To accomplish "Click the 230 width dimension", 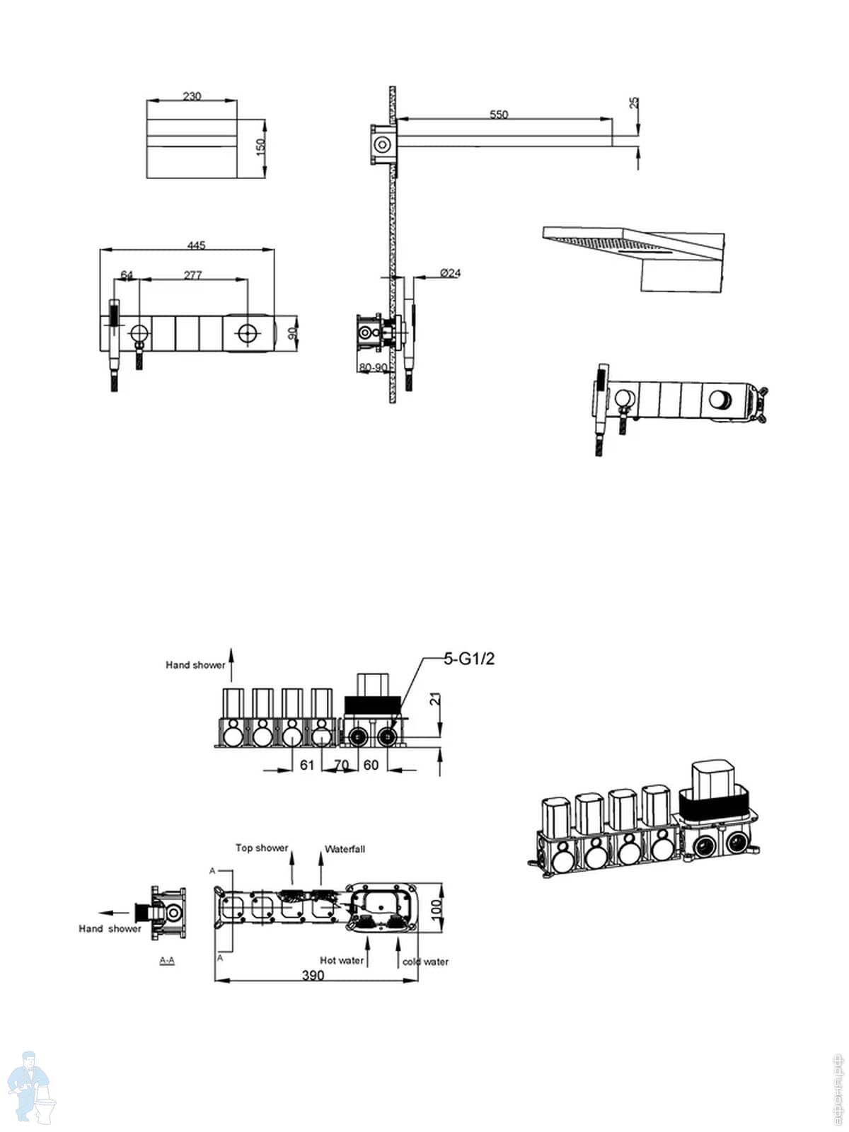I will [x=192, y=96].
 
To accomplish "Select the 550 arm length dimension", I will [x=499, y=114].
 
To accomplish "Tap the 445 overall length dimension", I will [x=196, y=246].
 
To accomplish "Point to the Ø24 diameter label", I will [x=450, y=273].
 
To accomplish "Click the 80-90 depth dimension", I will [x=374, y=368].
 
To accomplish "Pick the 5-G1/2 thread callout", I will [x=469, y=659].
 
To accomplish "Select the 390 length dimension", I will [x=313, y=976].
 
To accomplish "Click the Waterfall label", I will [x=345, y=849].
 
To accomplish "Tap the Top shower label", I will [x=262, y=848].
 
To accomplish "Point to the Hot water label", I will [x=342, y=960].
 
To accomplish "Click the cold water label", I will [x=425, y=961].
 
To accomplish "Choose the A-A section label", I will [x=168, y=960].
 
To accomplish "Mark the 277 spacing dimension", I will [x=192, y=275].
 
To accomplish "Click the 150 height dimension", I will [x=260, y=146].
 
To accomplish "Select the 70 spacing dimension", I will [x=342, y=765].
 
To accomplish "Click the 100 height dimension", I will [x=437, y=906].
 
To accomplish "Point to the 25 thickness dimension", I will [x=634, y=103].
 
